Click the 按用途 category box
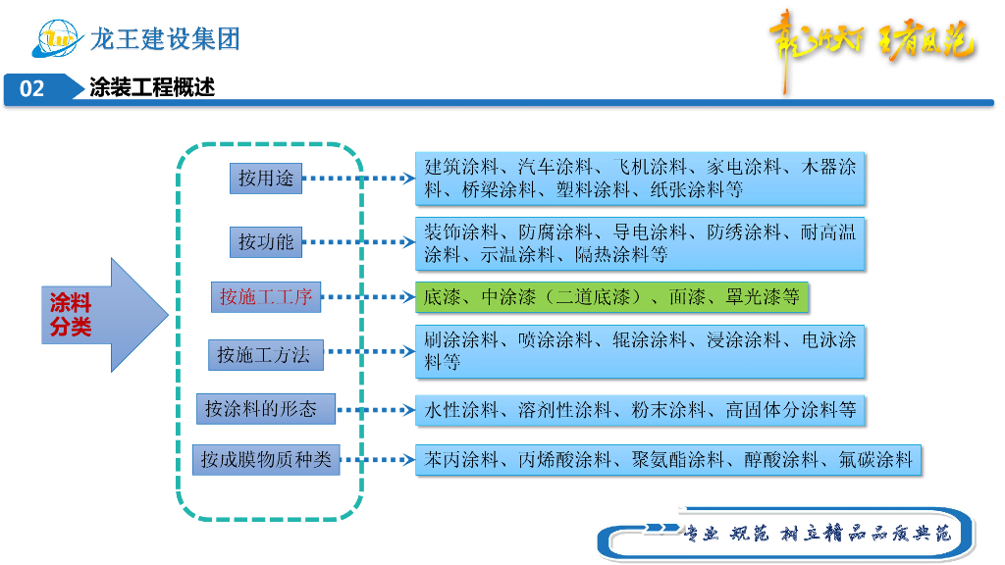tap(266, 179)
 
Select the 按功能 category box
tap(266, 241)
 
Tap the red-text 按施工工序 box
tap(266, 296)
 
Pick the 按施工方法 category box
tap(265, 355)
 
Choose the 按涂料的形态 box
tap(266, 409)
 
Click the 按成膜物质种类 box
tap(267, 459)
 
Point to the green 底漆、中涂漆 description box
tap(611, 296)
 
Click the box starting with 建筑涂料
tap(640, 179)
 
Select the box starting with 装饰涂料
tap(640, 243)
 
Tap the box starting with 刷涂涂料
tap(640, 351)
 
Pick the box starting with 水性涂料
tap(640, 410)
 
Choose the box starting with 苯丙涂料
tap(668, 459)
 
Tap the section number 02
tap(32, 88)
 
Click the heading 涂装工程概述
tap(152, 88)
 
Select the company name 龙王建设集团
tap(165, 39)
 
